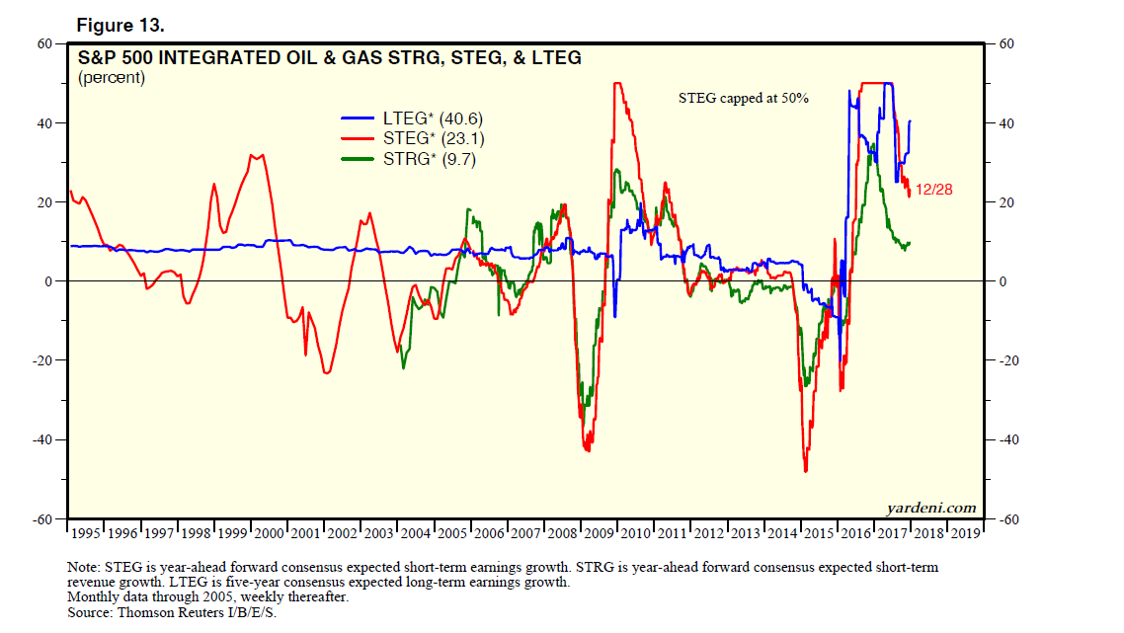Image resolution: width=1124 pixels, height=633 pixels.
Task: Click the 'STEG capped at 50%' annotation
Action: pos(744,98)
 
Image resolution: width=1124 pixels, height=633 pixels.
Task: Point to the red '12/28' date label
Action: pos(933,190)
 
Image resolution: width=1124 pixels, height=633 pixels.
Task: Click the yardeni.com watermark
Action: pos(930,509)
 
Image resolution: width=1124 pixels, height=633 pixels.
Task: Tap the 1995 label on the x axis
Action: pos(86,534)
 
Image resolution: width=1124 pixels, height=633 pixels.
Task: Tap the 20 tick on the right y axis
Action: pos(1004,202)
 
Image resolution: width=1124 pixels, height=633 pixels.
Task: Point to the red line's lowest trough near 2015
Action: pos(806,471)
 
